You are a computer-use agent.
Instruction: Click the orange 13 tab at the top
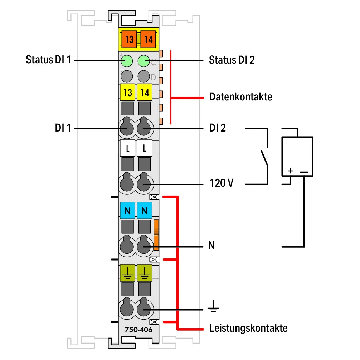click(x=129, y=39)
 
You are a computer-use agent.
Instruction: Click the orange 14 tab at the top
click(x=148, y=39)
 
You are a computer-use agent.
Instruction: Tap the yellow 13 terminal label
click(x=128, y=92)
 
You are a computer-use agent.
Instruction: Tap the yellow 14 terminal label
click(x=145, y=92)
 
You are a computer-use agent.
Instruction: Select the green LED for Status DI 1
click(x=127, y=61)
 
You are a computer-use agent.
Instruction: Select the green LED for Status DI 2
click(x=144, y=61)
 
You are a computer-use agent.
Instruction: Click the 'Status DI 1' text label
click(x=49, y=60)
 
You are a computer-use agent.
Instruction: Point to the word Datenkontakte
click(x=241, y=97)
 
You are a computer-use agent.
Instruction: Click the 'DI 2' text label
click(x=218, y=128)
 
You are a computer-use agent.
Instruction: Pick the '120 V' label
click(x=222, y=183)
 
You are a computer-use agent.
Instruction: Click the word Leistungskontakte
click(x=248, y=328)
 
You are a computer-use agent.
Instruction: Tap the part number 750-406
click(x=138, y=330)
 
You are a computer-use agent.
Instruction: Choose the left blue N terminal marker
click(x=128, y=211)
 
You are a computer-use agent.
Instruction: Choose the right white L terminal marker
click(x=145, y=148)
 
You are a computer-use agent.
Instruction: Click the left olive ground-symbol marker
click(x=128, y=273)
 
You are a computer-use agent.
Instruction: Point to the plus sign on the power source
click(x=290, y=171)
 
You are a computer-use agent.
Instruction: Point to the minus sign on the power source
click(x=304, y=172)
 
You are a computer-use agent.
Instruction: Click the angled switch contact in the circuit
click(x=264, y=158)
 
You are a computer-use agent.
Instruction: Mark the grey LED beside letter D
click(x=144, y=76)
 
